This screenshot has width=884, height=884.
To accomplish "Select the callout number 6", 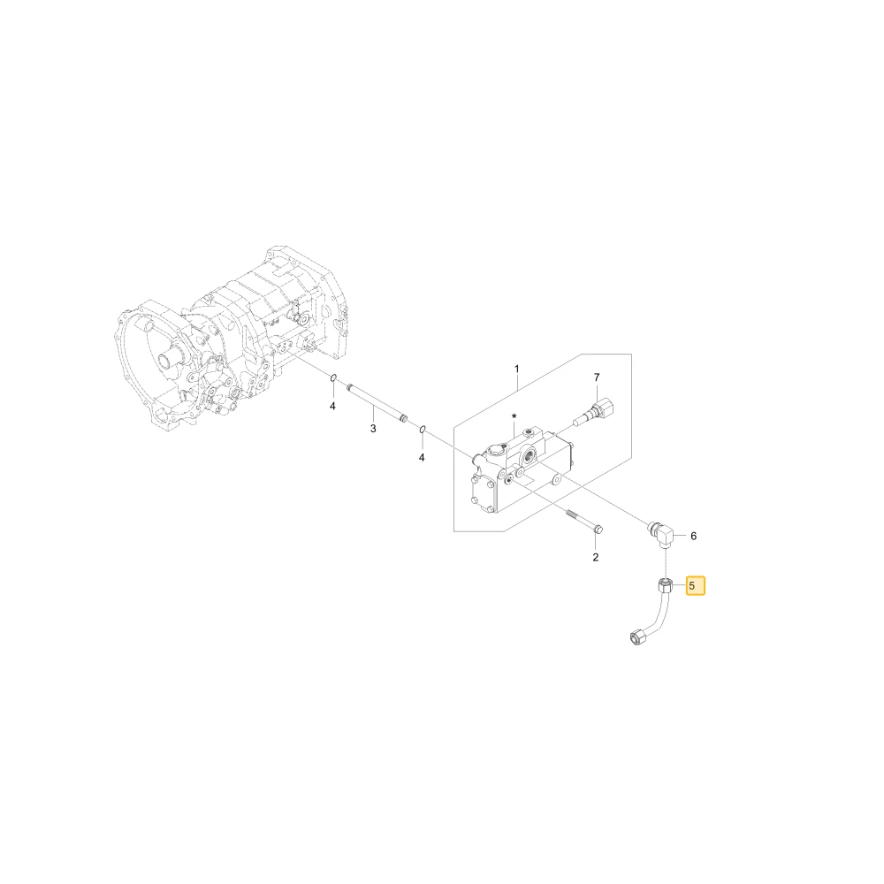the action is [693, 536].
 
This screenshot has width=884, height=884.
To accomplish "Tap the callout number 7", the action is [597, 377].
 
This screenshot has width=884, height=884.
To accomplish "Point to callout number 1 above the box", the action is [517, 369].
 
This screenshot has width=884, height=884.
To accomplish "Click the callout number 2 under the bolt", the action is [595, 557].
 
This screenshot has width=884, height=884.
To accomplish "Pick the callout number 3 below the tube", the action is [373, 429].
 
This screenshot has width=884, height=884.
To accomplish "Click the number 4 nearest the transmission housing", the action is [332, 406].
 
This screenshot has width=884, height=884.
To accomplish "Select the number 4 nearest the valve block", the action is [421, 458].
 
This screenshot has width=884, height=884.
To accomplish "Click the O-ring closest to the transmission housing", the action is [334, 377].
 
